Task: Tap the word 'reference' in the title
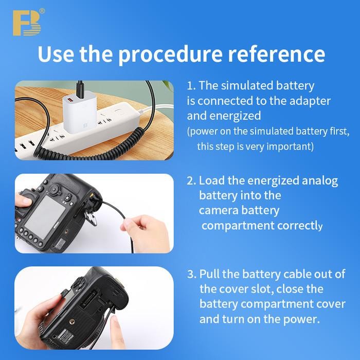(x=277, y=54)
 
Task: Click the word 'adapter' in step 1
(x=308, y=100)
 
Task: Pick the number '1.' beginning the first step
(x=191, y=85)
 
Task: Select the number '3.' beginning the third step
(x=191, y=274)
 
